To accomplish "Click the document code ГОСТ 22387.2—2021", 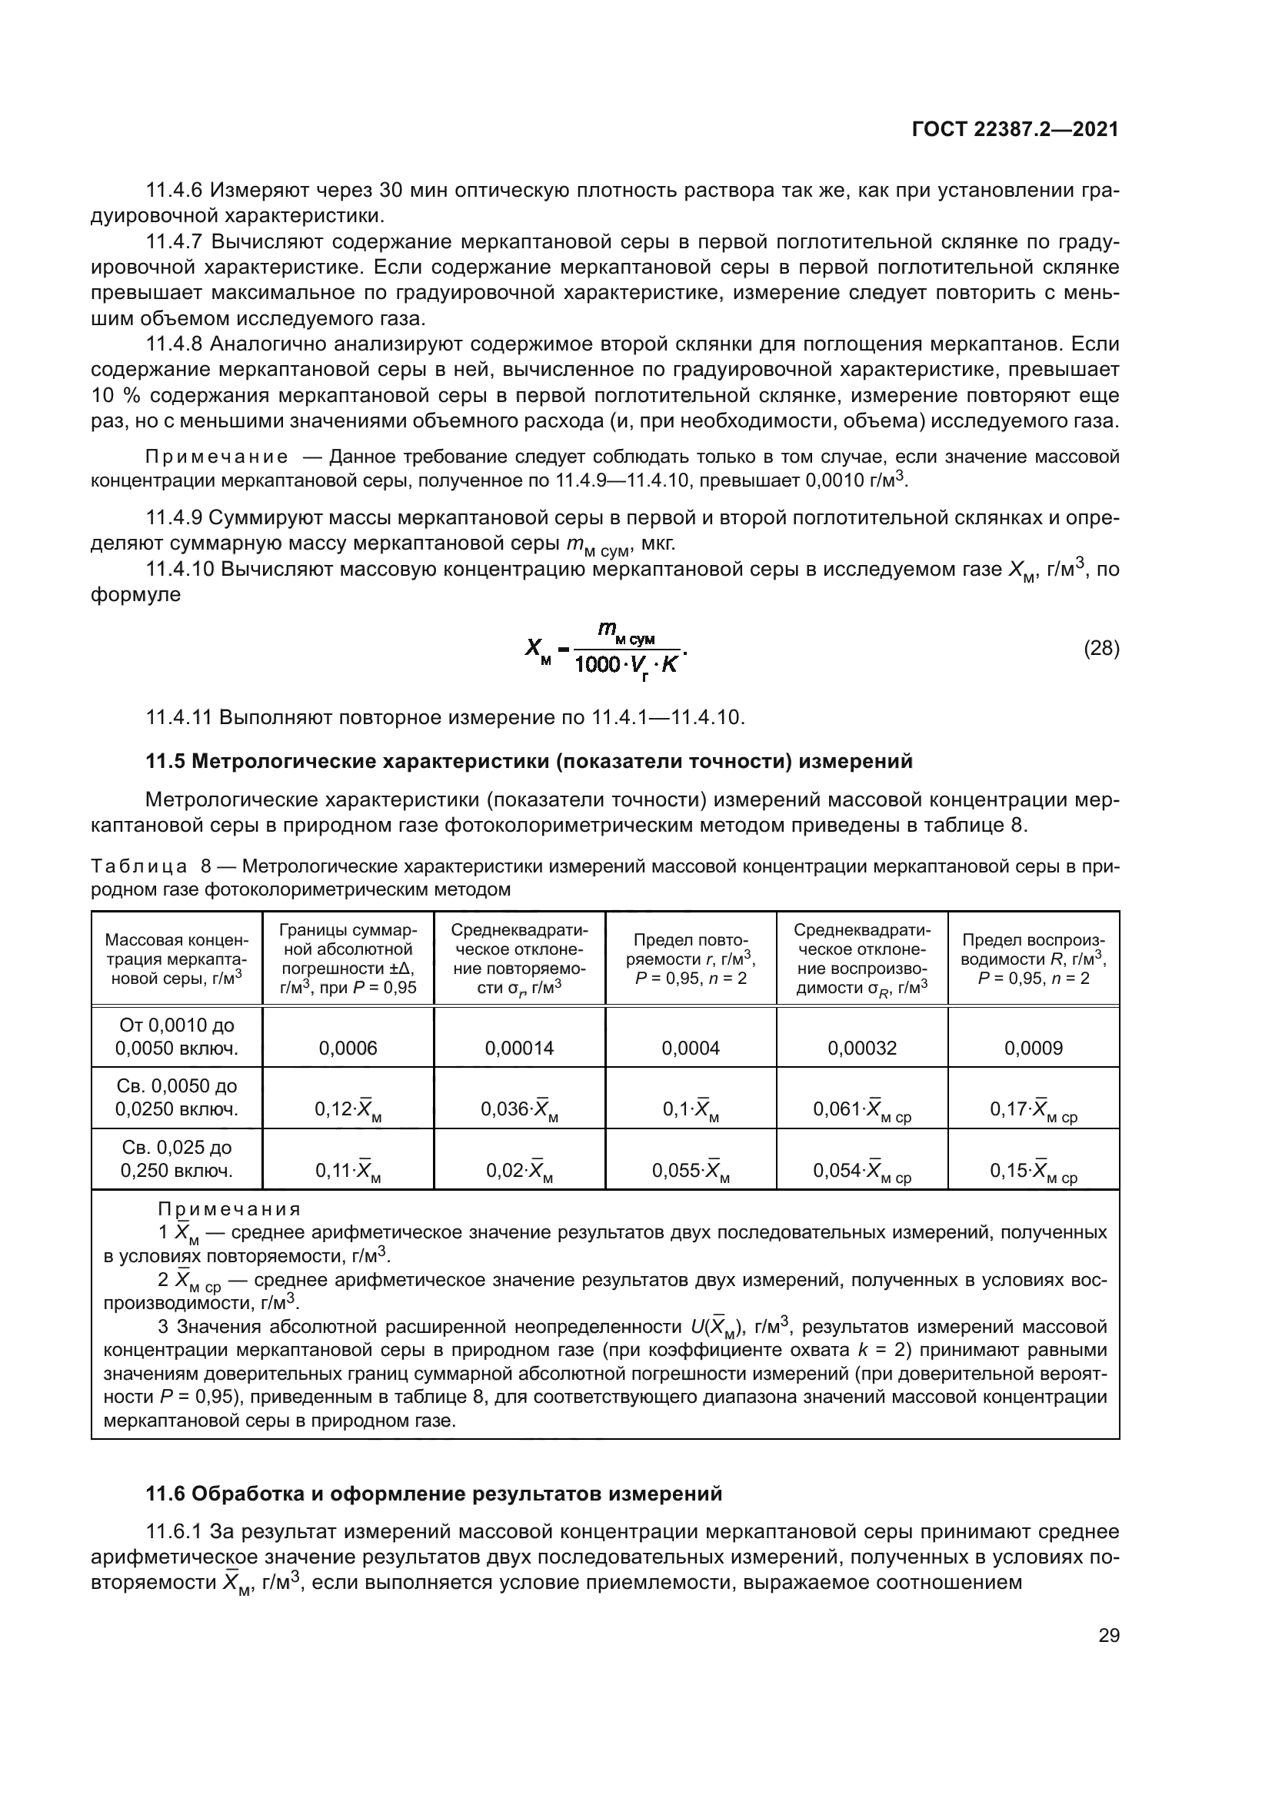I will tap(1015, 129).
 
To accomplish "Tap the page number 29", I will tap(1108, 1636).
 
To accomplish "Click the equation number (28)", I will tap(1101, 649).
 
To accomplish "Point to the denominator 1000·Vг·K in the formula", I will tap(626, 666).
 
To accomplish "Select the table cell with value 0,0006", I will tap(348, 1048).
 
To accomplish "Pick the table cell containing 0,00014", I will tap(518, 1048).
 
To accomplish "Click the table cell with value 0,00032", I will tap(861, 1048).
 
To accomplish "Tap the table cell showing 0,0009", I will tap(1033, 1048).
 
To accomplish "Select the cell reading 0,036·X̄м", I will tap(518, 1110).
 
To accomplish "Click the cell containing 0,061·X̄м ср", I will tap(861, 1110).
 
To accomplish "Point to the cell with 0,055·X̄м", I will tap(690, 1171).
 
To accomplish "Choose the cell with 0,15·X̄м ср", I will tap(1033, 1171).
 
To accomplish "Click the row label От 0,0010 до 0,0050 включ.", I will tap(177, 1036).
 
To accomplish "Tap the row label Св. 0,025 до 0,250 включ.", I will tap(177, 1159).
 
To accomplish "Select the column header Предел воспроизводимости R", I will tap(1033, 959).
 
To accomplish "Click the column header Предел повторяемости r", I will tap(690, 959).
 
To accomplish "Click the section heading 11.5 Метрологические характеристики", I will tap(529, 761).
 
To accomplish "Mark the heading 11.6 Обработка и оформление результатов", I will tap(434, 1494).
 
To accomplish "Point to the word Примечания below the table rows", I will tap(228, 1209).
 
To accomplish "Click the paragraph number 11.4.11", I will tap(179, 717).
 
